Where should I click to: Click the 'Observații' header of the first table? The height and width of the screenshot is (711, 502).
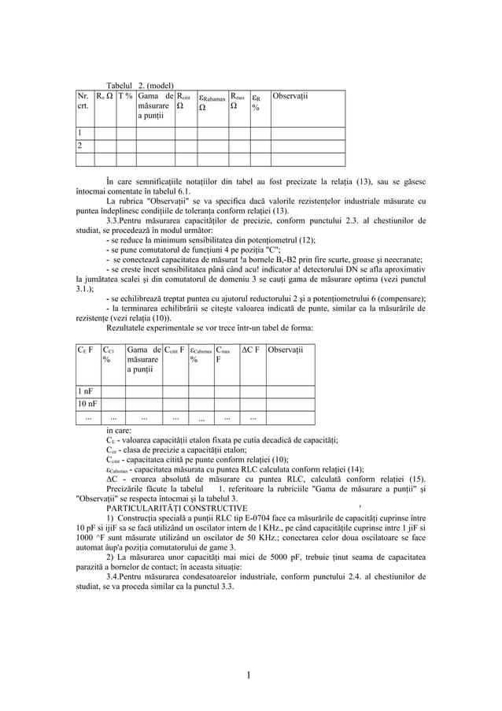[290, 97]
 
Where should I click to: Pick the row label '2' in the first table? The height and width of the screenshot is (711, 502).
[79, 146]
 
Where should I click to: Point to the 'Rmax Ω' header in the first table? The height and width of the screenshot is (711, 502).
[238, 102]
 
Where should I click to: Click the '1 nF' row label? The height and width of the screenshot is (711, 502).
[84, 391]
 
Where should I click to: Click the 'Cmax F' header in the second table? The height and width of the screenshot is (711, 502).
[223, 354]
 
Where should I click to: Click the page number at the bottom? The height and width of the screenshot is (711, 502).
[250, 674]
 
